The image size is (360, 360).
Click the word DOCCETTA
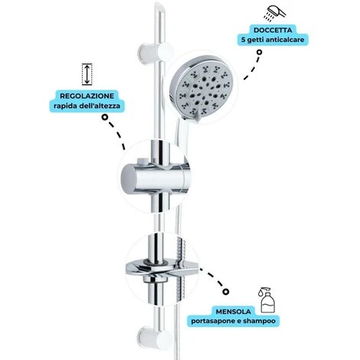[x=273, y=30]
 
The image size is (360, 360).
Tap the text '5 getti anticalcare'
[x=273, y=40]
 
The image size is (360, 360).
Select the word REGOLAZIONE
[x=87, y=96]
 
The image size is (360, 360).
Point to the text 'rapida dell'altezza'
[x=87, y=106]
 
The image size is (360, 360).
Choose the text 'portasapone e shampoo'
[x=234, y=321]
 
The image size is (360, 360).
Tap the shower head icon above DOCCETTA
[x=275, y=12]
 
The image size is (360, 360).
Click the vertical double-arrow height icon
[x=87, y=74]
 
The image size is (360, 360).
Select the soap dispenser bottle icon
[x=267, y=300]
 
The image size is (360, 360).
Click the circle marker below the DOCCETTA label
[x=259, y=52]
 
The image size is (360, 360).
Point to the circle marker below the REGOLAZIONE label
[x=104, y=117]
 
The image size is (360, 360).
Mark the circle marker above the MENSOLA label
[x=225, y=292]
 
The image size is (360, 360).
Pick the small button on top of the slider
[x=141, y=161]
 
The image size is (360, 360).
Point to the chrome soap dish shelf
[x=162, y=270]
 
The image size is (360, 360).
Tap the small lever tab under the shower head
[x=196, y=118]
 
